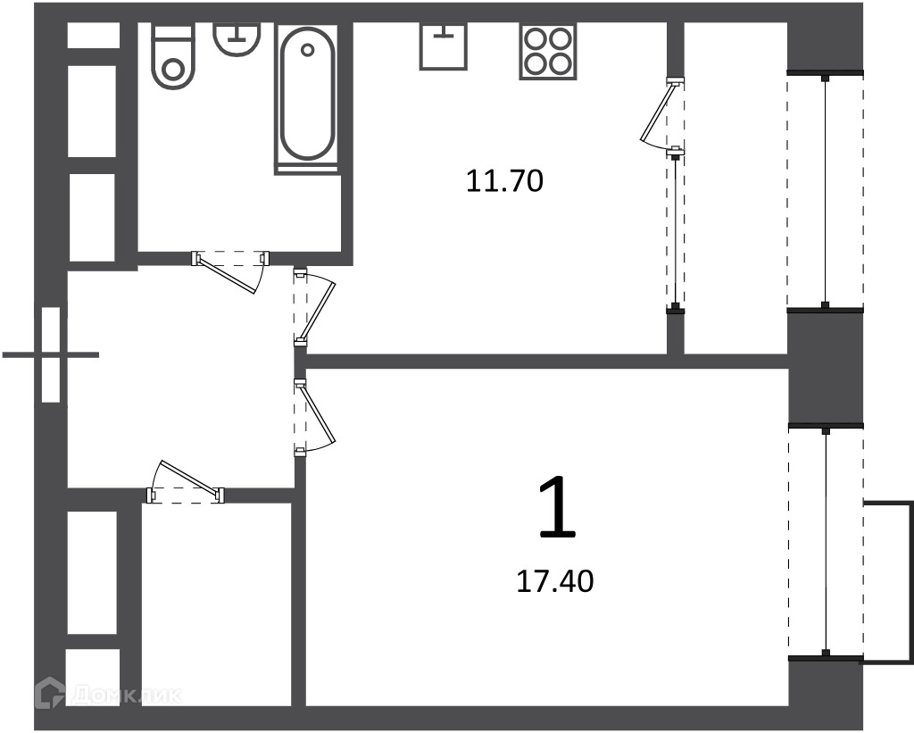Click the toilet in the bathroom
[x=172, y=55]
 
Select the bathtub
[x=307, y=98]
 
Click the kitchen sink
[x=443, y=46]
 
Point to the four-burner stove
[x=548, y=51]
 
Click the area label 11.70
[x=505, y=180]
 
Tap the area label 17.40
[x=555, y=581]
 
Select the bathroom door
[x=230, y=270]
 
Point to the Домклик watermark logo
[x=108, y=694]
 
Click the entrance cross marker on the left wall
[x=51, y=354]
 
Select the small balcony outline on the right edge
[x=888, y=581]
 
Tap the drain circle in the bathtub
[x=307, y=50]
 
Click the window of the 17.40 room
[x=826, y=542]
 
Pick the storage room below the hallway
[x=217, y=604]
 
